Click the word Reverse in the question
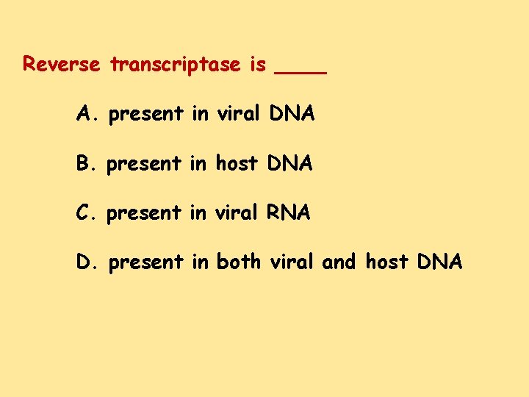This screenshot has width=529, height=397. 61,65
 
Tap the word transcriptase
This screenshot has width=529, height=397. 175,65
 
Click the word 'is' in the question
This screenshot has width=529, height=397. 257,65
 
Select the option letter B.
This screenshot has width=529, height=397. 84,163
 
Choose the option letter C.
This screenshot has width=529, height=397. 84,212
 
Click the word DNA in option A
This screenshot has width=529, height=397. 292,114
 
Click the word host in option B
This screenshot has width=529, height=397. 237,163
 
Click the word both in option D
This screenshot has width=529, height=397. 239,262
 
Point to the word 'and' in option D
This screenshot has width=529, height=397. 339,262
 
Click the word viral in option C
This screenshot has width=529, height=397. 237,212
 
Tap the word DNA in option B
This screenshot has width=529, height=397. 290,163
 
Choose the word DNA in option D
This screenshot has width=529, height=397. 439,262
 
